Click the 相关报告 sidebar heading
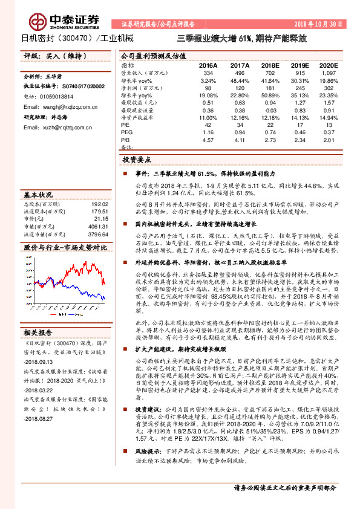point(39,332)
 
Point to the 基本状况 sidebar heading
point(38,195)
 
